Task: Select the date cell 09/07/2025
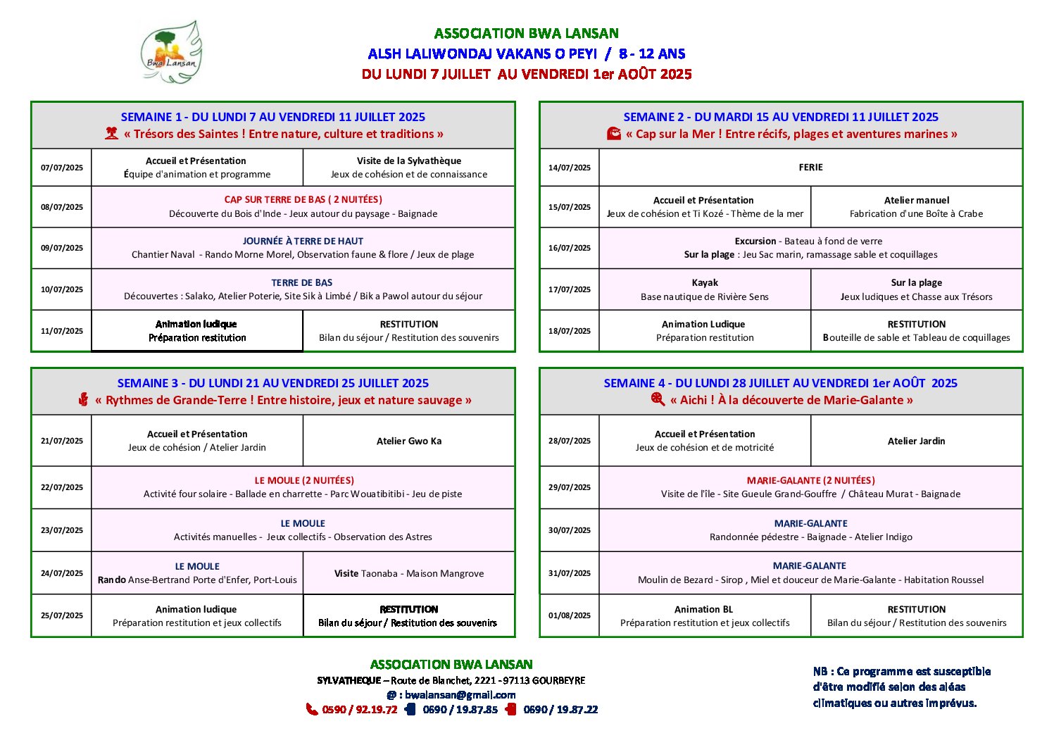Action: point(62,248)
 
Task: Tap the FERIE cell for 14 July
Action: point(810,168)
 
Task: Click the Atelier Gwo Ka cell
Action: point(409,441)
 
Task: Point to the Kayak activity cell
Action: point(705,289)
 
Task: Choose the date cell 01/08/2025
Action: point(570,615)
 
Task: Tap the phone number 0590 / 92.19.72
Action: point(359,710)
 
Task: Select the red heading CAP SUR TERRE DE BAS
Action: point(303,200)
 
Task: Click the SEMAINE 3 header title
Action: point(273,383)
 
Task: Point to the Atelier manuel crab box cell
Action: point(916,207)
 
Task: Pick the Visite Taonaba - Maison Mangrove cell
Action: point(409,573)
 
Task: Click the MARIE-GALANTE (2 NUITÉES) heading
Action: point(810,480)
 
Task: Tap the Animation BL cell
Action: point(705,615)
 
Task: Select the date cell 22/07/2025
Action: point(62,487)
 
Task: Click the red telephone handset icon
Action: point(311,709)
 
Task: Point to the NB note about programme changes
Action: point(902,687)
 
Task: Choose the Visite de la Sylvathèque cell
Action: point(409,168)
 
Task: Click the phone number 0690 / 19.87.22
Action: point(560,710)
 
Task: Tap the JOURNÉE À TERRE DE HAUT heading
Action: point(303,241)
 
